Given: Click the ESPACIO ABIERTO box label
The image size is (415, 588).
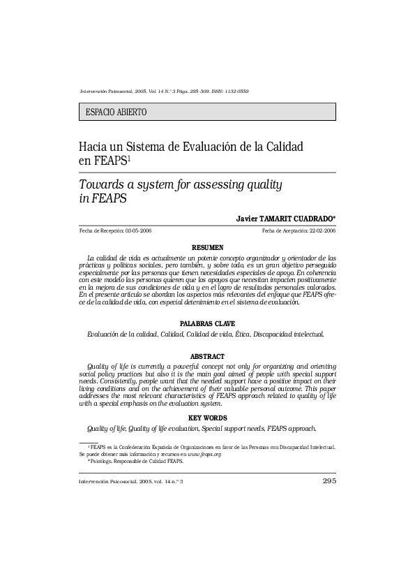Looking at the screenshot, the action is tap(116, 112).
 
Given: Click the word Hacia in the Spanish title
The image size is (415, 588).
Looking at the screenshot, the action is tap(93, 147).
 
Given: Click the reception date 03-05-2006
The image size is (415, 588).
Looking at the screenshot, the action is tap(137, 230).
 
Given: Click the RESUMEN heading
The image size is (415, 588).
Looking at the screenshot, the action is tap(207, 247).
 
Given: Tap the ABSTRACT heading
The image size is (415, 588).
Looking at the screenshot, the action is tap(207, 356).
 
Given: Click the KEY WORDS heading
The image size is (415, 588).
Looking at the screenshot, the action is tap(207, 418).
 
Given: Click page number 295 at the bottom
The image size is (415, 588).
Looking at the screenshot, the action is tap(329, 481).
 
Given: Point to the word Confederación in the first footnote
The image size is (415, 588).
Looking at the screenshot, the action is tap(140, 446).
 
